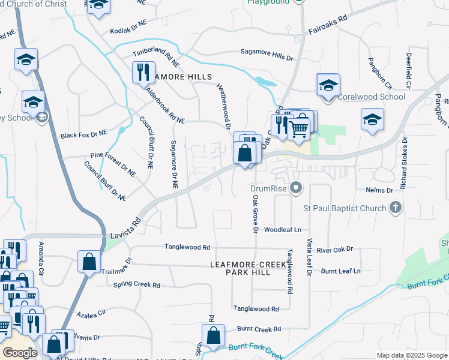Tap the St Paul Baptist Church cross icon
click(395, 208)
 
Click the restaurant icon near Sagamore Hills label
click(143, 73)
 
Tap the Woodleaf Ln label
click(282, 229)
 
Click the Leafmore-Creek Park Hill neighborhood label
click(244, 268)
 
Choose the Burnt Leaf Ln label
click(340, 271)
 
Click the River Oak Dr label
click(336, 249)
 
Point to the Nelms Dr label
click(379, 190)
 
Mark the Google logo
click(20, 353)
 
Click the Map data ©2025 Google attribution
click(412, 355)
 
